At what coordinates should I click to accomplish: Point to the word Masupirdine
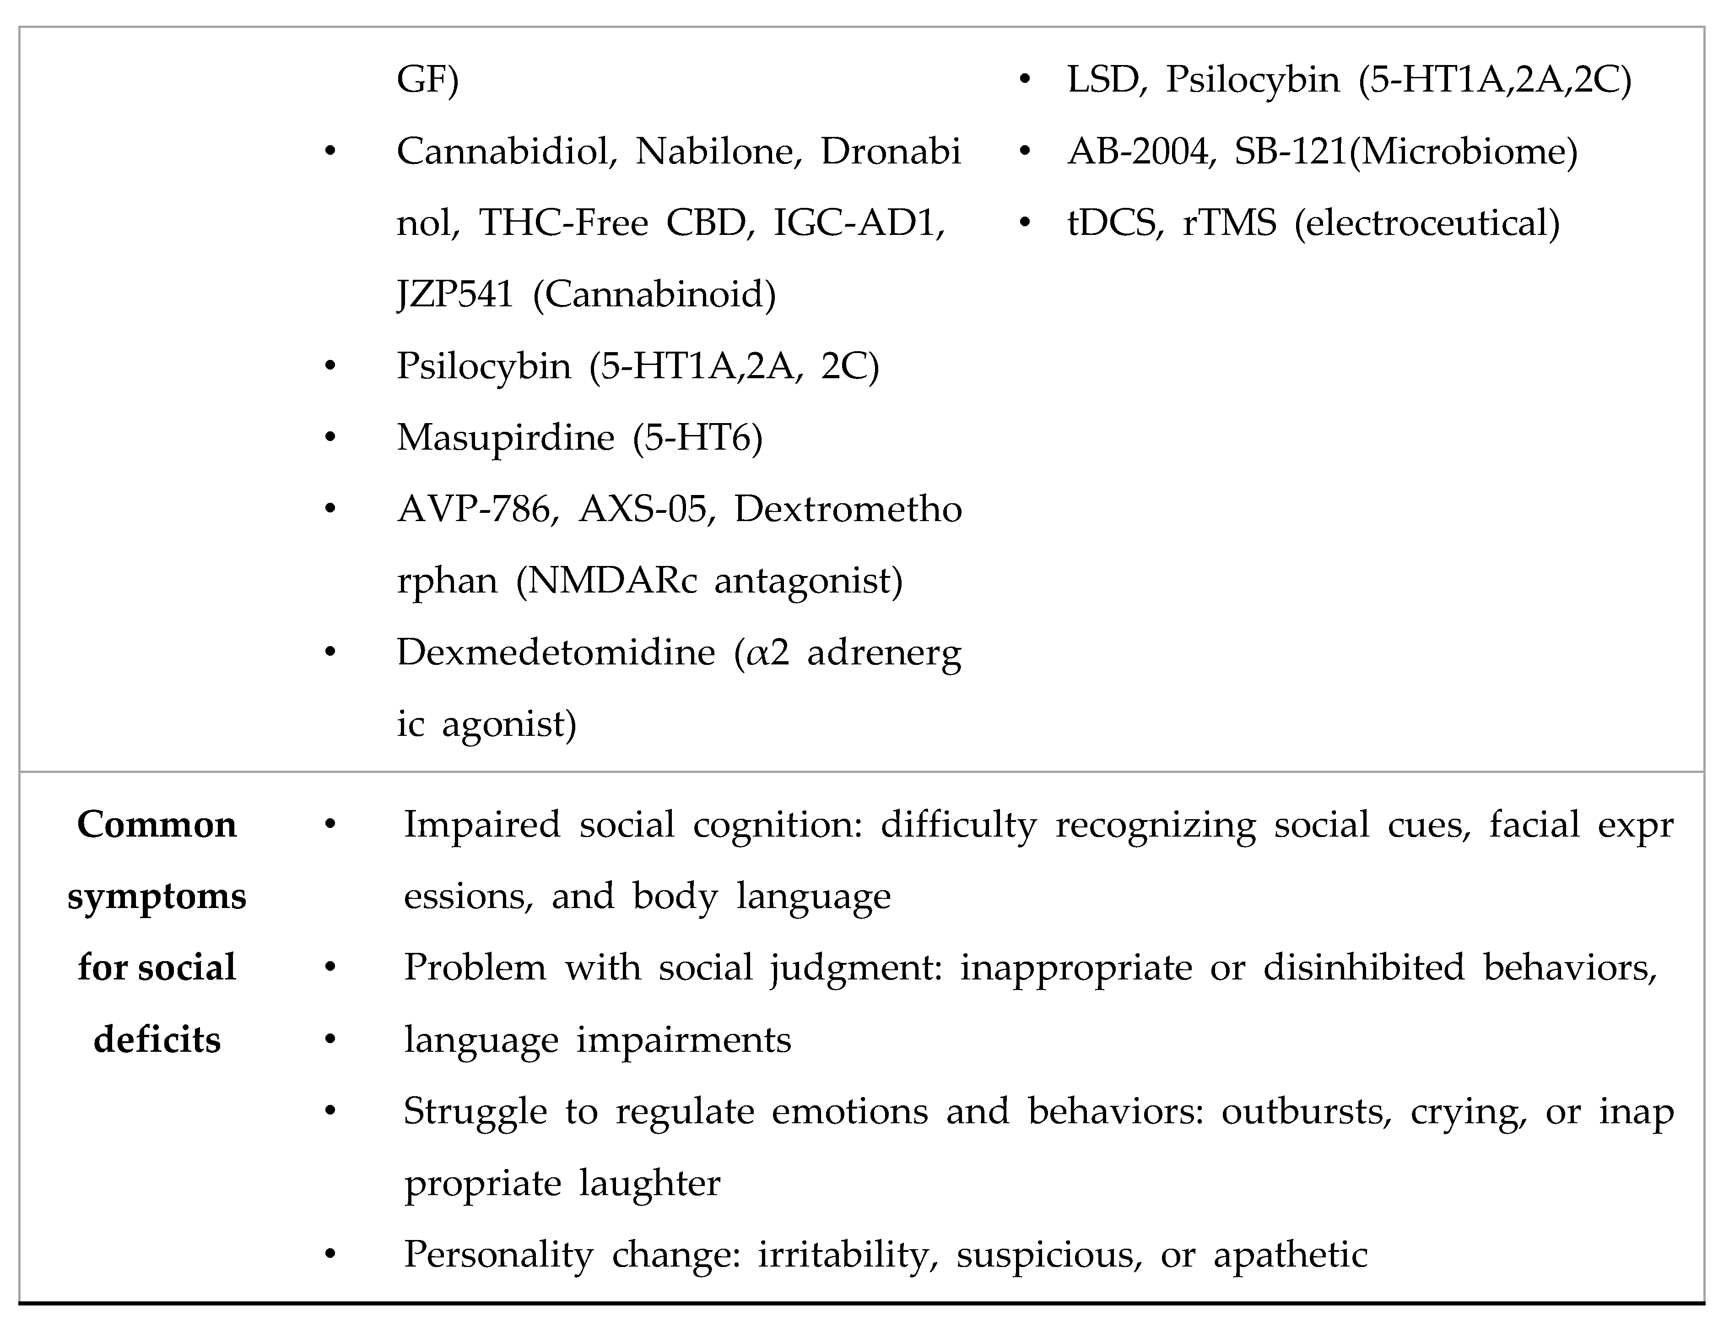point(505,438)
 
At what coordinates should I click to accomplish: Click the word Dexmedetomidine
point(555,653)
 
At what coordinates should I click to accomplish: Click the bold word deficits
point(157,1039)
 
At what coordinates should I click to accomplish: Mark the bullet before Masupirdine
point(330,438)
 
